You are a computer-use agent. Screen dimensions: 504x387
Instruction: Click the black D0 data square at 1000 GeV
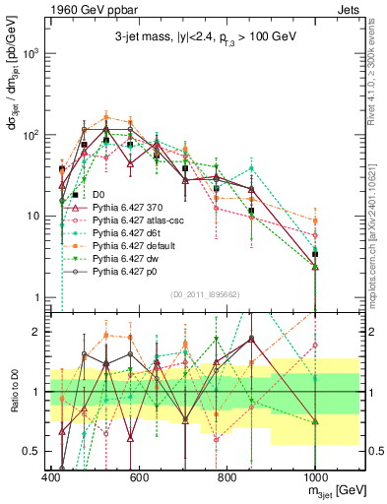click(x=315, y=254)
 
